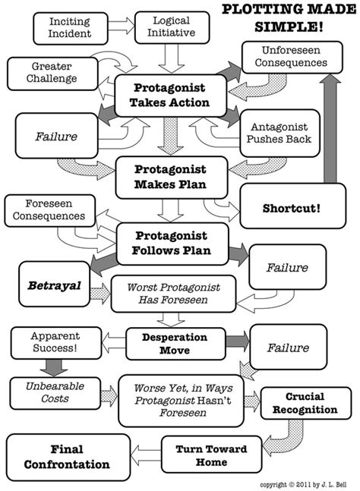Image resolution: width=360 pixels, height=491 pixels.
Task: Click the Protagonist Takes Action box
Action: pyautogui.click(x=170, y=96)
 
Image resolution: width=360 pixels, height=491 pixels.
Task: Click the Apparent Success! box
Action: pyautogui.click(x=55, y=341)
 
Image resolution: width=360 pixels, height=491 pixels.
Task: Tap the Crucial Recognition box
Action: pyautogui.click(x=300, y=403)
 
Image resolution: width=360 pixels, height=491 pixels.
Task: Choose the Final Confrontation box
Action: pyautogui.click(x=68, y=456)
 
